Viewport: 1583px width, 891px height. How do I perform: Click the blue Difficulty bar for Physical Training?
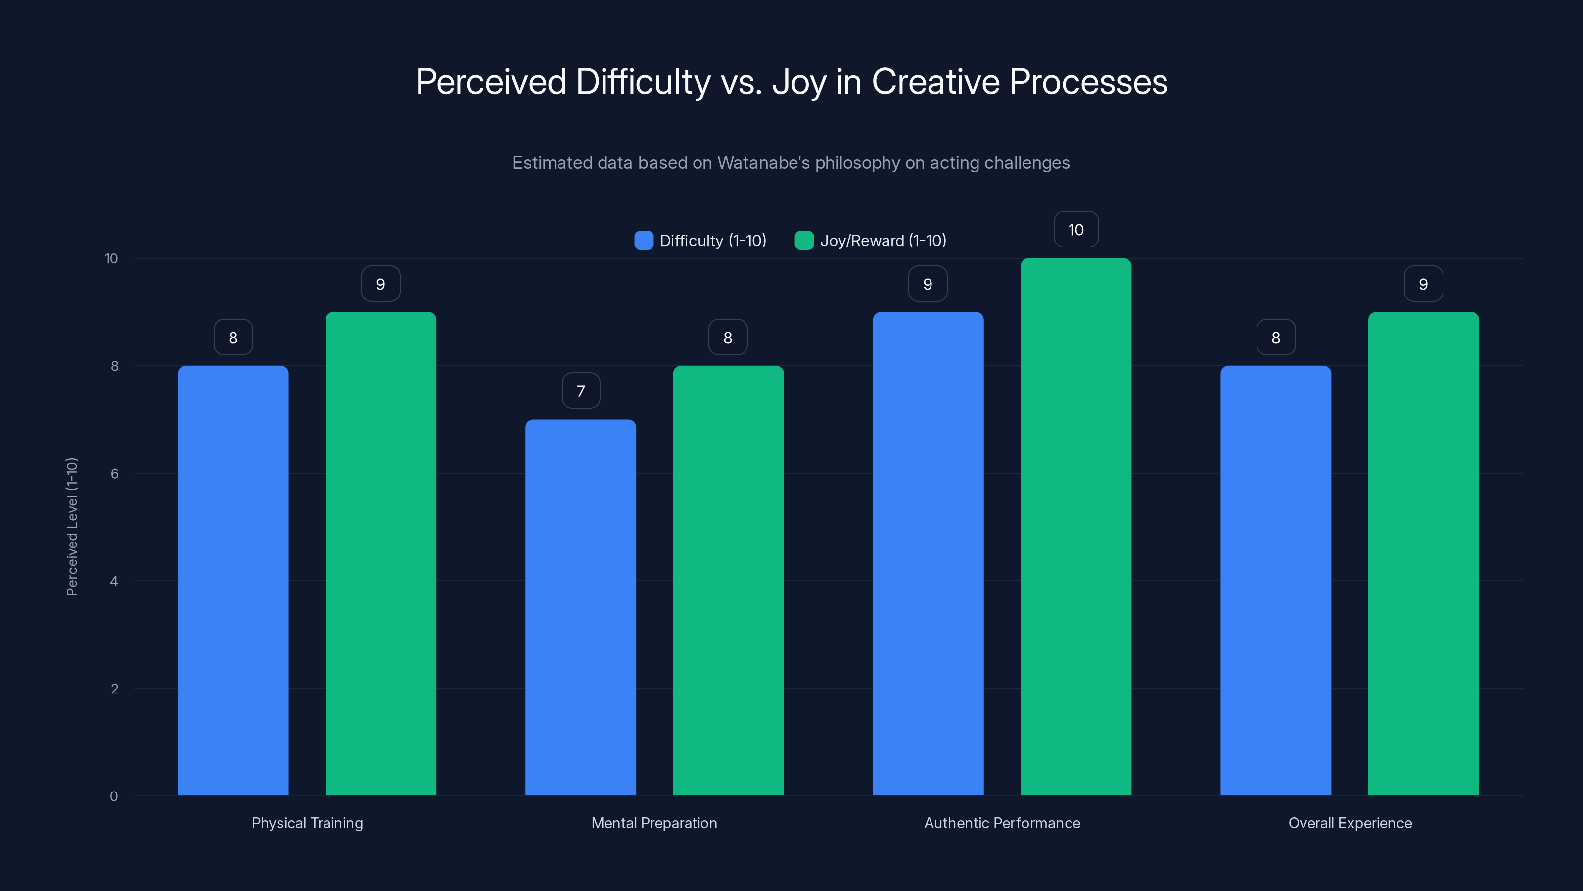pos(233,581)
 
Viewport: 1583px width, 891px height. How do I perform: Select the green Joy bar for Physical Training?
pos(380,553)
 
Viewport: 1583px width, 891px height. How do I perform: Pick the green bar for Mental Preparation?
pos(728,581)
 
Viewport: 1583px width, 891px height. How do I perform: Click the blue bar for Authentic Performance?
pos(928,553)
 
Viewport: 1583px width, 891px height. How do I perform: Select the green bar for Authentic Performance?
pos(1075,527)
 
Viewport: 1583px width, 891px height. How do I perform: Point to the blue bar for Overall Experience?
pos(1276,581)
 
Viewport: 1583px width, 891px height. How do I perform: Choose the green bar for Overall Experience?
pos(1423,553)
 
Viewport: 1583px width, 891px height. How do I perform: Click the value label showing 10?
pos(1075,229)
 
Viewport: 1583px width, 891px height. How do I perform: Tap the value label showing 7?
pos(581,391)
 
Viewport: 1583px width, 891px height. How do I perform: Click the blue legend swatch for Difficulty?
pos(644,241)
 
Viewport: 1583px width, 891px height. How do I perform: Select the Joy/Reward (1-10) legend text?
pos(883,241)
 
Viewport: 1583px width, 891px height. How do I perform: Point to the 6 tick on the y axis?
pos(114,474)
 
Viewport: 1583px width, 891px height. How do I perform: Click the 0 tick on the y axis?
pos(114,796)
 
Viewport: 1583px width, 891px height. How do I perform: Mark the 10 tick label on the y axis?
pos(111,258)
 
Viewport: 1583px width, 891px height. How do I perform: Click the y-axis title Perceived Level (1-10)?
pos(72,527)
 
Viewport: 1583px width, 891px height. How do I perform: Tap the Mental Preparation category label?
pos(654,823)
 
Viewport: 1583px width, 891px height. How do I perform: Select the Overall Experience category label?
pos(1350,823)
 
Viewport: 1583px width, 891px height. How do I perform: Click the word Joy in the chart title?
pos(798,82)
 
